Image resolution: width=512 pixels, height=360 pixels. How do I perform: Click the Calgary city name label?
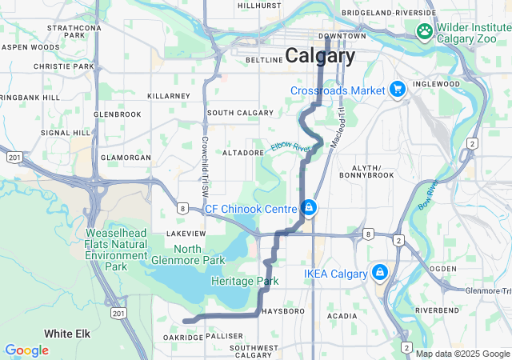[x=321, y=56]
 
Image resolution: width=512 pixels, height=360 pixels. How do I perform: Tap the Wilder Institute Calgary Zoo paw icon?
[x=424, y=31]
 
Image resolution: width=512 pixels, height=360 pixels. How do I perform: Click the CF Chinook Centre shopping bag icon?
[x=309, y=210]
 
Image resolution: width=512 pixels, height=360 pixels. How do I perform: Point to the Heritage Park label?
[x=245, y=282]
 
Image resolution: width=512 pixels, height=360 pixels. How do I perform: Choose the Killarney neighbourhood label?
[x=169, y=96]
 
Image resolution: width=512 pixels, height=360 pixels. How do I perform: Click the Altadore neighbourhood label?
[x=243, y=152]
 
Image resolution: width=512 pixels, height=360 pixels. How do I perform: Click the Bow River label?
[x=427, y=196]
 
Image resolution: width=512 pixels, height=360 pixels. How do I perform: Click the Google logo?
[x=26, y=350]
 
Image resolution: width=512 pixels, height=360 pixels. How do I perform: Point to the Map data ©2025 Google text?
[x=462, y=354]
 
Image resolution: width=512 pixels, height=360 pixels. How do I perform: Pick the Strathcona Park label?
[x=74, y=31]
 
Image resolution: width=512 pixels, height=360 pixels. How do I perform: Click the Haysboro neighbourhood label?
[x=280, y=310]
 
